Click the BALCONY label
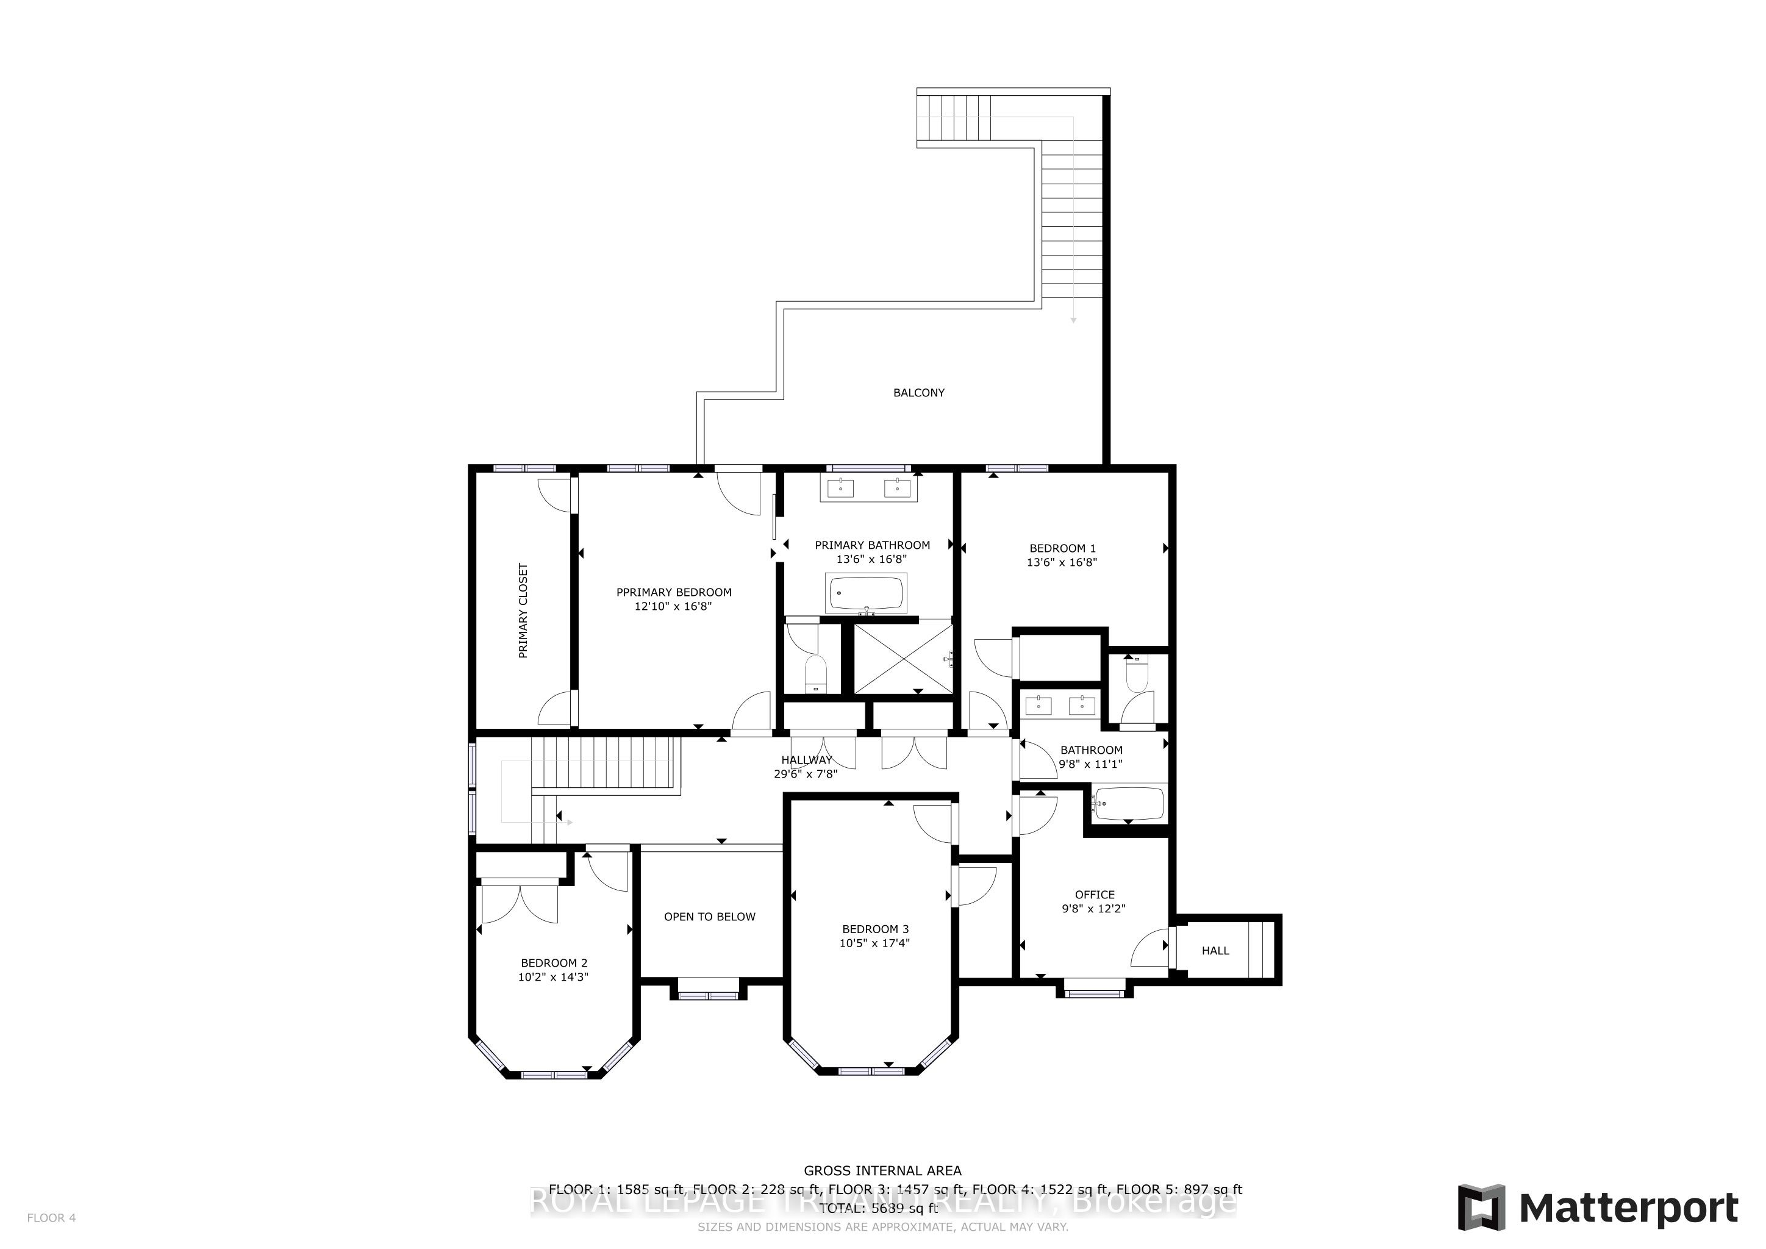(x=918, y=393)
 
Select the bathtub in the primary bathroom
(x=866, y=593)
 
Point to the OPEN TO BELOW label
(x=709, y=917)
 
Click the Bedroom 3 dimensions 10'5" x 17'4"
(x=874, y=943)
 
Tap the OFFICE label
(x=1094, y=895)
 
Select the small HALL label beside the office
(x=1215, y=951)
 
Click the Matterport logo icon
(x=1481, y=1208)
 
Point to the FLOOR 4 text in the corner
(x=52, y=1217)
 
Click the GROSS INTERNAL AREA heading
(x=882, y=1170)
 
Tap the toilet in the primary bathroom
(x=815, y=675)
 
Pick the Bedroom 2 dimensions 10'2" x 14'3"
(x=553, y=977)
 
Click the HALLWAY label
(x=806, y=760)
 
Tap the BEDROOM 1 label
(x=1062, y=548)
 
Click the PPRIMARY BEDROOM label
(x=674, y=592)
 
